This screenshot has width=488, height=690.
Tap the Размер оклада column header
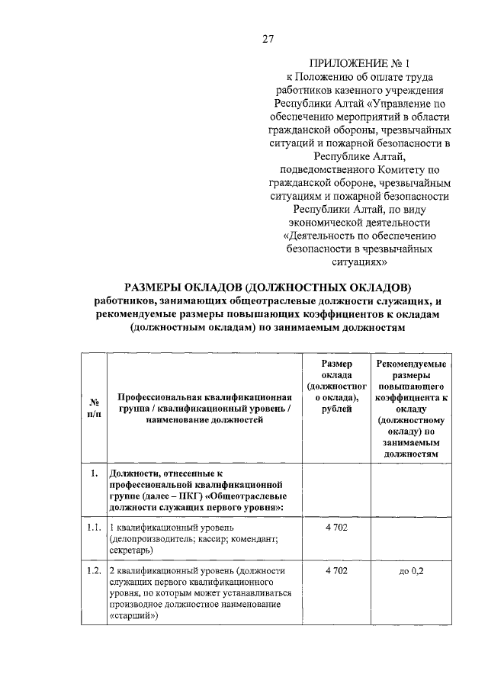[x=336, y=387]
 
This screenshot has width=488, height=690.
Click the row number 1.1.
[x=93, y=527]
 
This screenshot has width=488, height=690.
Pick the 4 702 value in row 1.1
[x=336, y=527]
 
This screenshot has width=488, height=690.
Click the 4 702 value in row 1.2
[x=336, y=570]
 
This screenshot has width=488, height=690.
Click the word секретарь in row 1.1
[x=130, y=550]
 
